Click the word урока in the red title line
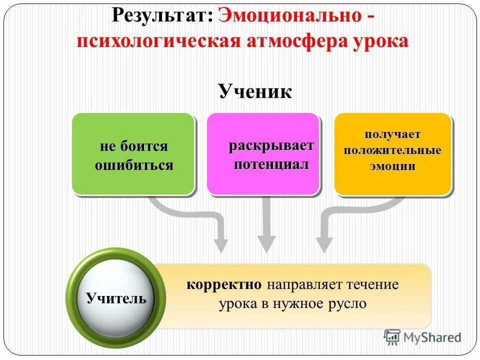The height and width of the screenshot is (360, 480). click(378, 41)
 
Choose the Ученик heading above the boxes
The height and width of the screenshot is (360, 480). click(254, 92)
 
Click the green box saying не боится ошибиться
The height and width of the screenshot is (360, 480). click(133, 154)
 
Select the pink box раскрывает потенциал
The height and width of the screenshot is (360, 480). click(263, 154)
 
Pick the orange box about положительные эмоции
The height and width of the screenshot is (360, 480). click(393, 154)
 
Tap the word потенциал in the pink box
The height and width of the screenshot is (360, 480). click(271, 164)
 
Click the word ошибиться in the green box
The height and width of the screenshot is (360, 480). click(134, 165)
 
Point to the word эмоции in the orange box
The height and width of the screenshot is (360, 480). click(393, 166)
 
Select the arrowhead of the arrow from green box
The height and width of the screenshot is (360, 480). click(220, 245)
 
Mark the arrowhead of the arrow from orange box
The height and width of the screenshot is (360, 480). click(324, 245)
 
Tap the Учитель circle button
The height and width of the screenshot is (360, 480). click(116, 298)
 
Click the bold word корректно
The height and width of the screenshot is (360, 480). click(224, 285)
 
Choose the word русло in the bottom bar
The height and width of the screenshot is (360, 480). click(348, 303)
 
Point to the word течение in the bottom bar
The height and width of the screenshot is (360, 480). click(374, 285)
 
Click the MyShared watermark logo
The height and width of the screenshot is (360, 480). click(423, 337)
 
